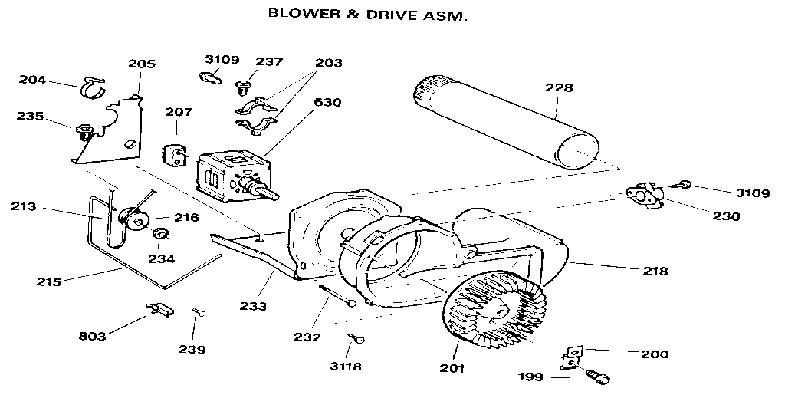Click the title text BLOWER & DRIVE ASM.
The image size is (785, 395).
tap(366, 14)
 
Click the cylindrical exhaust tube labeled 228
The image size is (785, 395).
tap(505, 122)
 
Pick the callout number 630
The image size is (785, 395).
tap(327, 102)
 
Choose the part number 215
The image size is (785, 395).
tap(48, 281)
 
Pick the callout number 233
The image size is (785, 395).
tap(253, 306)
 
